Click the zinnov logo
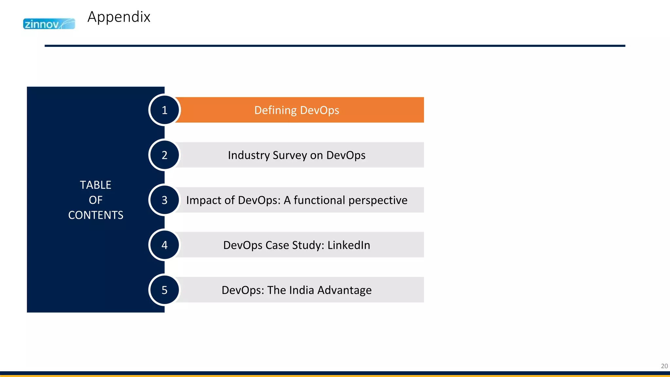49,24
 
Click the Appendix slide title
119,17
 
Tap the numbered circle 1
165,110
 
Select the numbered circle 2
165,155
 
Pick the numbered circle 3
165,200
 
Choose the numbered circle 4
165,245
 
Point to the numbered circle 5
165,290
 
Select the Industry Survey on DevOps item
297,155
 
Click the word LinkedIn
349,245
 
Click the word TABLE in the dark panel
96,185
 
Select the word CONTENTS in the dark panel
96,215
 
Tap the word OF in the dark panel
96,200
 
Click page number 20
664,366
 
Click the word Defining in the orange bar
275,110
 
